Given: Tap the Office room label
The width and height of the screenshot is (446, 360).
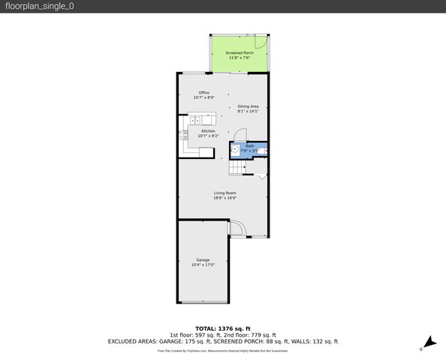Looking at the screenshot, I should click(x=203, y=92).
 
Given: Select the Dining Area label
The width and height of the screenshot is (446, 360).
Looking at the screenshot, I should click(x=248, y=106).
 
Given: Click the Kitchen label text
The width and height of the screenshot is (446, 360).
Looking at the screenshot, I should click(x=207, y=130).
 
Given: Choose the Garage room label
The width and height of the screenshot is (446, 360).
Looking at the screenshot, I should click(x=203, y=259).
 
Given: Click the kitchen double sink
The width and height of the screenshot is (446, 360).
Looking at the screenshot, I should click(x=195, y=120).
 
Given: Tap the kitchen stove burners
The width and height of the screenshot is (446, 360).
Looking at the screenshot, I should click(x=182, y=136).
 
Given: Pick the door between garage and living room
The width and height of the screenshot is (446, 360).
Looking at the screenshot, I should click(x=235, y=227).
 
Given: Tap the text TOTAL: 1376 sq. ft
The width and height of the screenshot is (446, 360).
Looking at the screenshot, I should click(x=223, y=328).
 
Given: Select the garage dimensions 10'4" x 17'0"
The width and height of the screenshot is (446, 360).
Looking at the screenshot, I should click(x=203, y=265).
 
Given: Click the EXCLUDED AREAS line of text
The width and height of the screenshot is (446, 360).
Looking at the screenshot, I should click(x=223, y=340).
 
